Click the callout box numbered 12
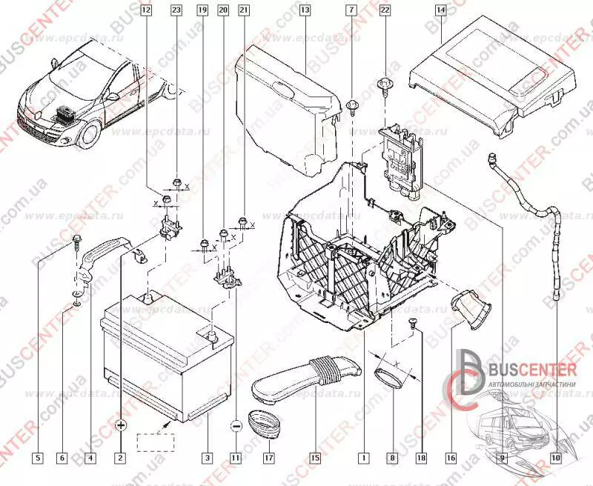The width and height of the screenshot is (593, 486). (x=145, y=10)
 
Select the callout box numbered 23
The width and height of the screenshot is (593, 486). (x=176, y=10)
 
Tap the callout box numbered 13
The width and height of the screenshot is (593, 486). (x=305, y=10)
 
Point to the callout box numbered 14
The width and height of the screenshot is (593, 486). (x=440, y=10)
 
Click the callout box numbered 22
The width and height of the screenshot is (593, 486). (x=384, y=10)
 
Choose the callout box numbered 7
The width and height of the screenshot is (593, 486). (x=351, y=10)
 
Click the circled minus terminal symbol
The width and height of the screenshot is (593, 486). (x=236, y=426)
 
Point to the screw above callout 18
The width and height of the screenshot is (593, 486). (x=414, y=321)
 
